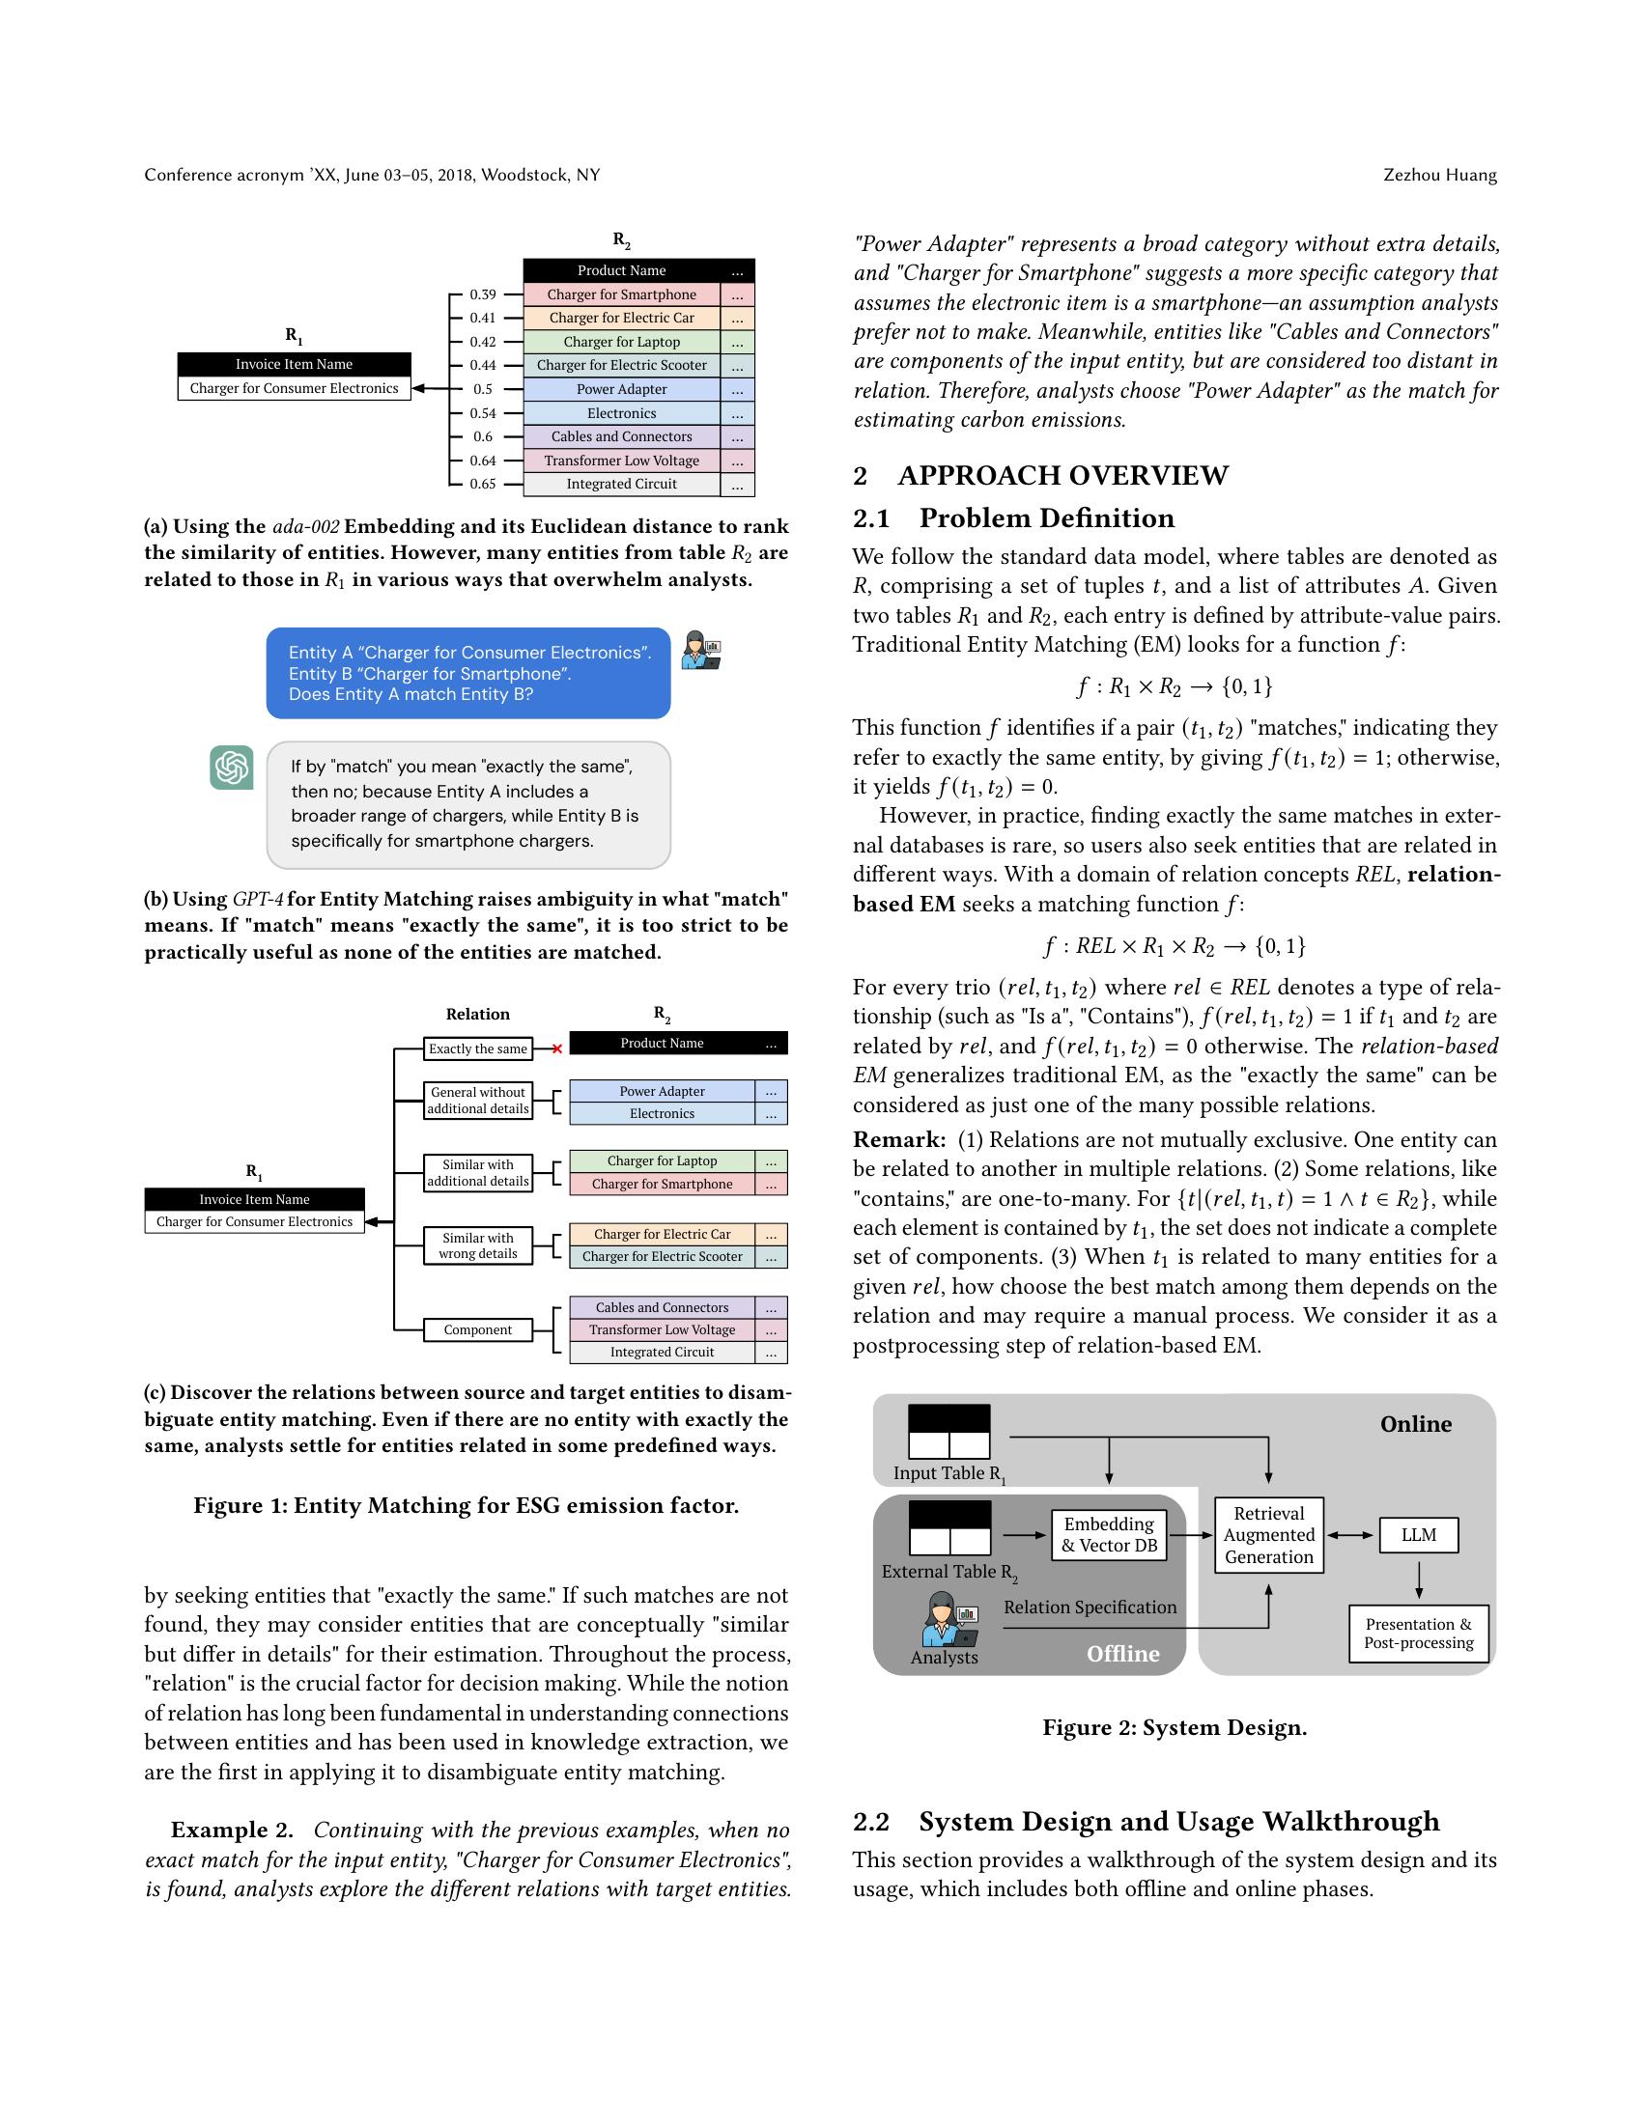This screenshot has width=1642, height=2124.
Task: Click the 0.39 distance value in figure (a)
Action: (x=483, y=293)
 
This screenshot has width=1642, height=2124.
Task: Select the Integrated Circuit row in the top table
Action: (x=622, y=484)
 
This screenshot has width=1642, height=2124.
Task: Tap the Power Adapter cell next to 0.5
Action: (x=622, y=389)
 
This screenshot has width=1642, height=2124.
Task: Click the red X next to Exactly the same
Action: (x=557, y=1048)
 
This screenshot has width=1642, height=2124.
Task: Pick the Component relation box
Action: (x=477, y=1329)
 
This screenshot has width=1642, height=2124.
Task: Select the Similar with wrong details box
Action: (x=477, y=1244)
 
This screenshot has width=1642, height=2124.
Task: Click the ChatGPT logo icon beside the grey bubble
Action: (x=232, y=768)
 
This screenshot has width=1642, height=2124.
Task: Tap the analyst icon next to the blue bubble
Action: (x=700, y=650)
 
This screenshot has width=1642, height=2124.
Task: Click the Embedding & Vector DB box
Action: (x=1109, y=1535)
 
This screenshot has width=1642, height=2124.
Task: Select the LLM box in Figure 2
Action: (x=1418, y=1535)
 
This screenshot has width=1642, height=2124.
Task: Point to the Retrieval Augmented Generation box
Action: (x=1268, y=1535)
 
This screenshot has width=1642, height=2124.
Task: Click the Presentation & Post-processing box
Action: (x=1418, y=1633)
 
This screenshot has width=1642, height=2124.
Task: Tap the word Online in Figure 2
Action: (x=1415, y=1424)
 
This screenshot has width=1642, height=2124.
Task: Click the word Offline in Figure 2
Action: (x=1122, y=1653)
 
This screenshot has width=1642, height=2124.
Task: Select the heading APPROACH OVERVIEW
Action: (x=1062, y=476)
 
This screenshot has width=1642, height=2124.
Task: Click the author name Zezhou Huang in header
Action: (x=1440, y=175)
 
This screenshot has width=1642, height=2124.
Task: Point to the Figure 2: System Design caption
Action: (x=1175, y=1727)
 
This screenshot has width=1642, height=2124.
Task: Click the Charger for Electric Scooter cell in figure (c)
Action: (x=662, y=1256)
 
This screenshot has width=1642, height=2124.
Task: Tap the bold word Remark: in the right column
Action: (x=899, y=1139)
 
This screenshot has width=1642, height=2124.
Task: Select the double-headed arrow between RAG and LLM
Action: (x=1351, y=1535)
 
